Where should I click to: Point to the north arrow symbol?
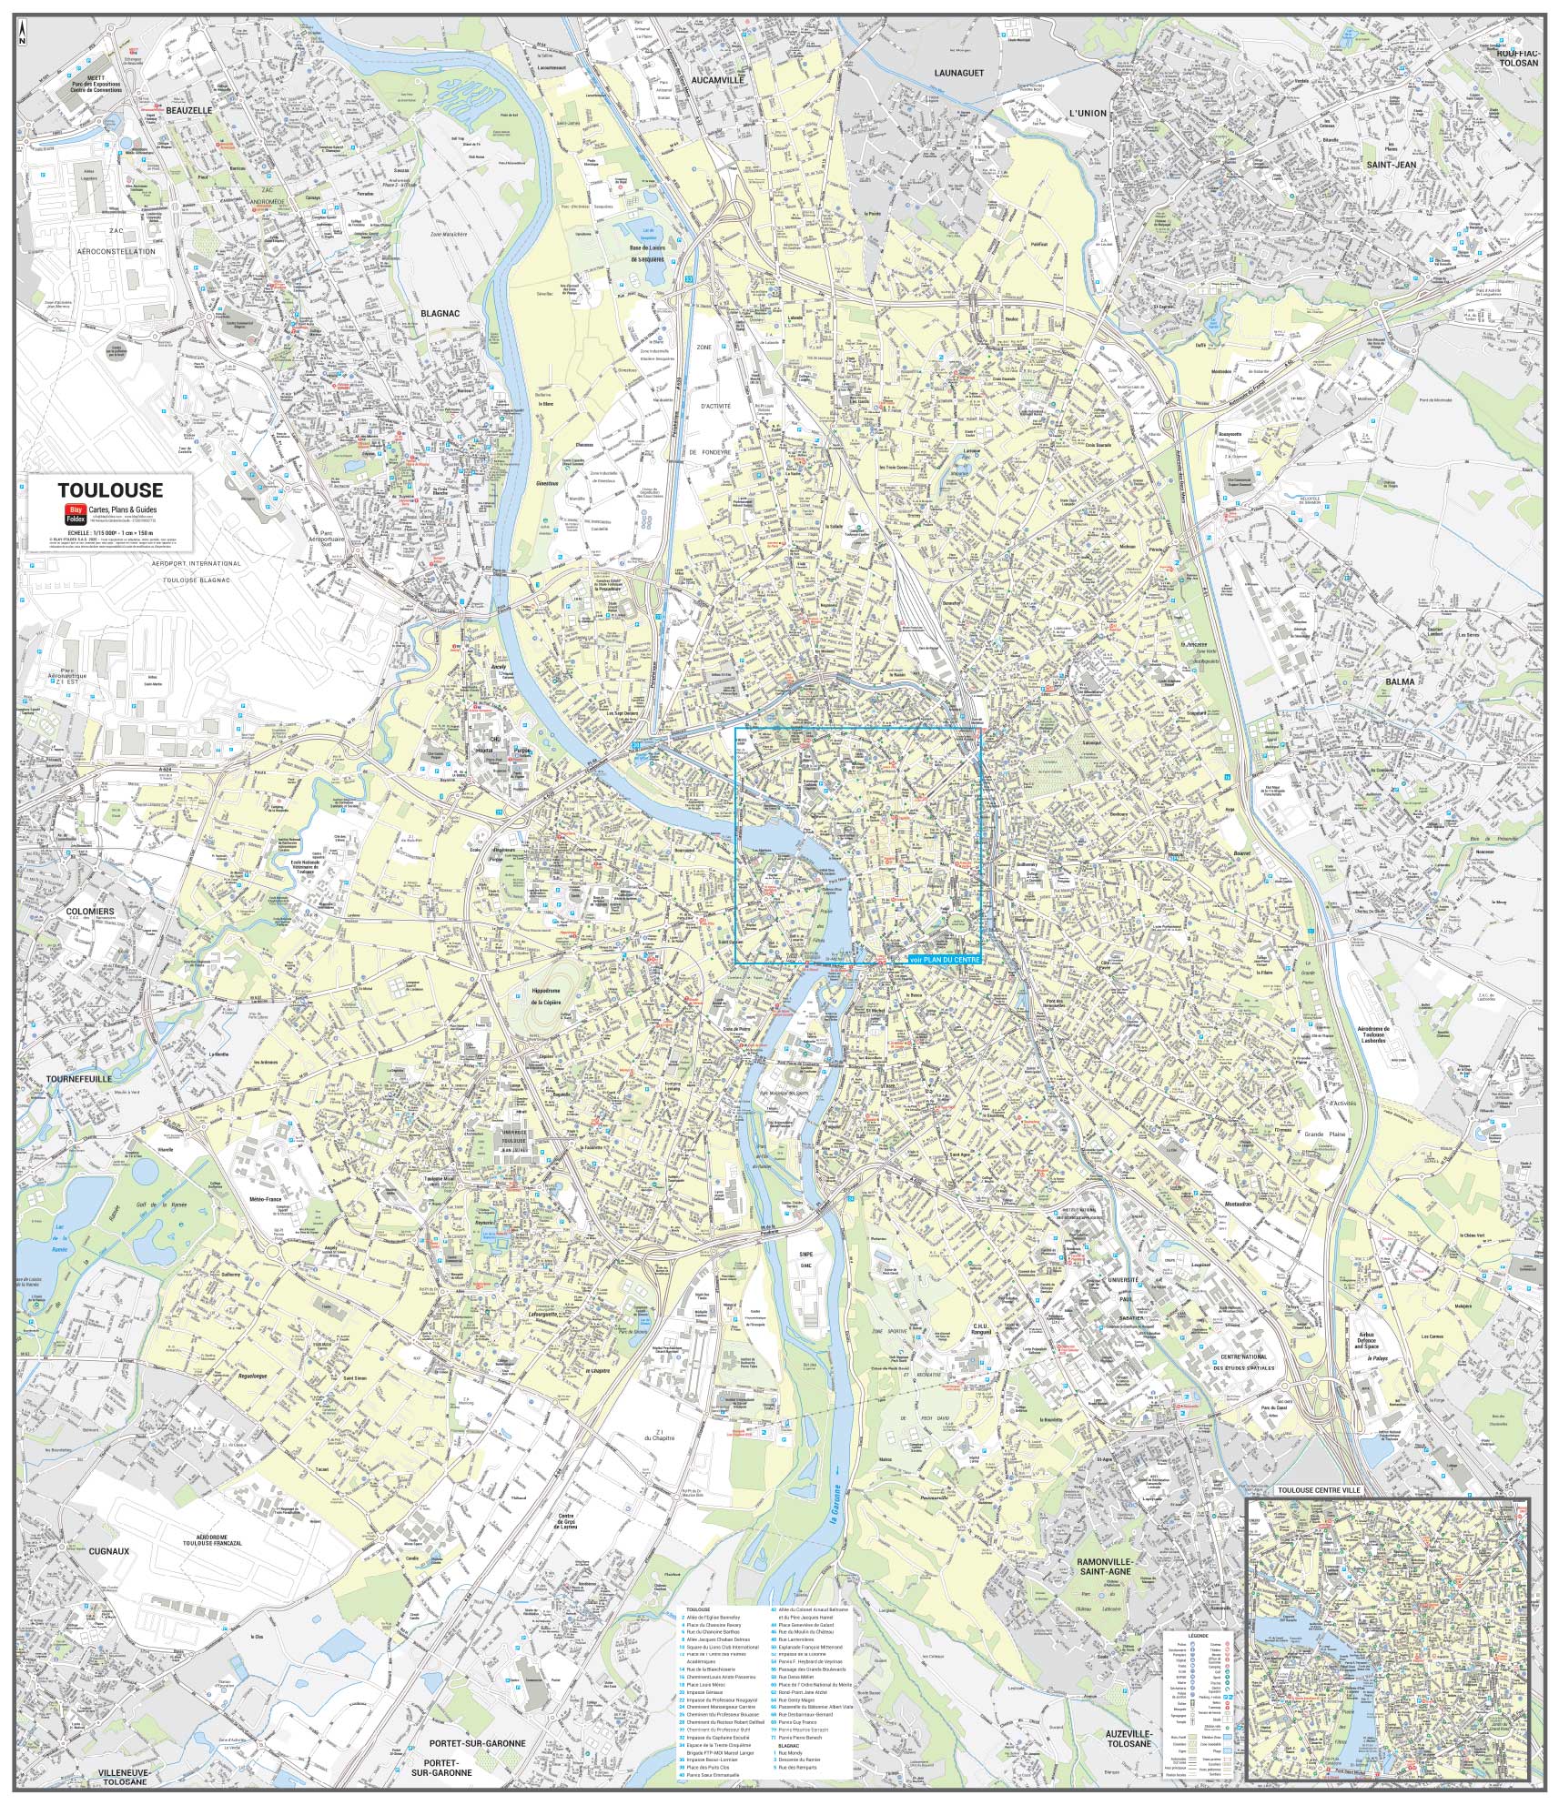[23, 35]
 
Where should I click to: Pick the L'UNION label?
[1088, 113]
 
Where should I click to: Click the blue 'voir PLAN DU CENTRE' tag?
[946, 960]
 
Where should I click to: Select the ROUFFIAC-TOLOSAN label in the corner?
[1514, 58]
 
